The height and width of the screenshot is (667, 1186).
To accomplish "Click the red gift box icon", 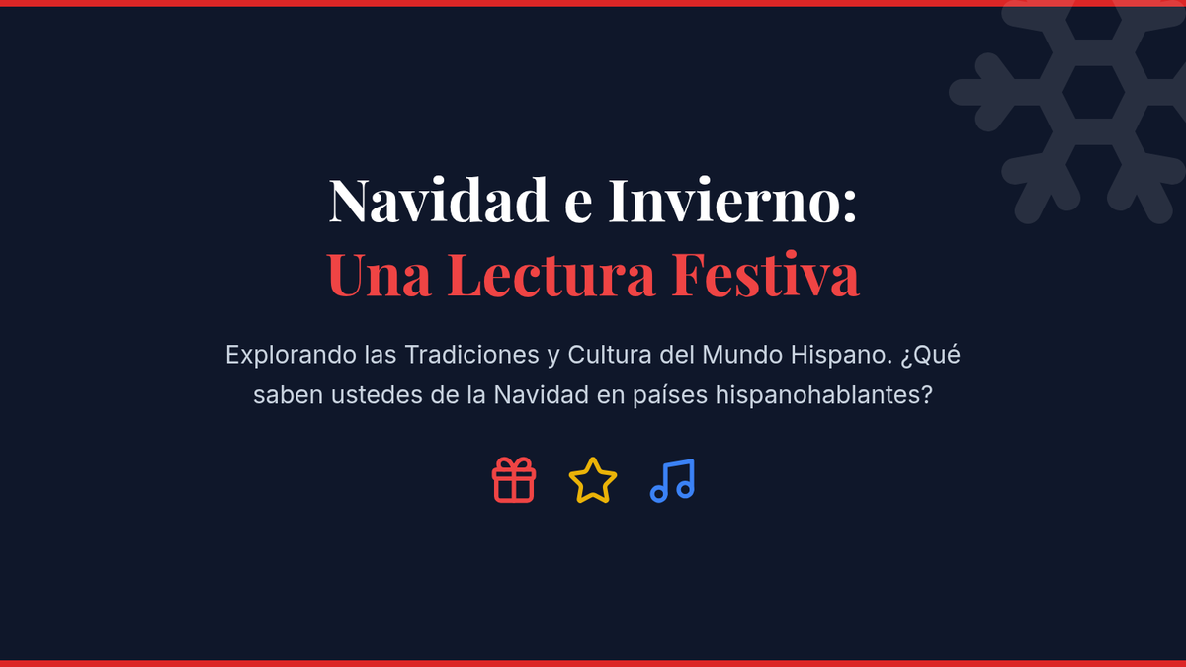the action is [514, 480].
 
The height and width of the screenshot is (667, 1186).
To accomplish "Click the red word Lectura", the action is [551, 275].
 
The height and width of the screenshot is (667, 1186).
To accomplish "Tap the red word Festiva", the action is [766, 275].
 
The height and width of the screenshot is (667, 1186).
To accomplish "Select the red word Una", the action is [380, 275].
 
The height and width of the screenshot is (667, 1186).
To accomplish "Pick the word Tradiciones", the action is [471, 355].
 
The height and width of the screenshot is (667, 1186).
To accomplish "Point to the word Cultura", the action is [610, 355].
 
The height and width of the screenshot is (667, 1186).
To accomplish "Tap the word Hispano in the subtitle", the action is [842, 355].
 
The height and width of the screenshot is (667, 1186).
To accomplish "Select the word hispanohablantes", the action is [824, 395].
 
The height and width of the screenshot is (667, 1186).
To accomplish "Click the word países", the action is [670, 396].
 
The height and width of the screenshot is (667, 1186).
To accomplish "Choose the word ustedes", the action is [377, 395].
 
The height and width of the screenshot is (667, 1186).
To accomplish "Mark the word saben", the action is [288, 395].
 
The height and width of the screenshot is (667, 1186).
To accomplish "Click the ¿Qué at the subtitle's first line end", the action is [930, 355].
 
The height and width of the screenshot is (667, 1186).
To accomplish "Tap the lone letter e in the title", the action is [578, 207].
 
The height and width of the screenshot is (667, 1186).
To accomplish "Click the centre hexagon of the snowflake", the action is [1093, 92].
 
